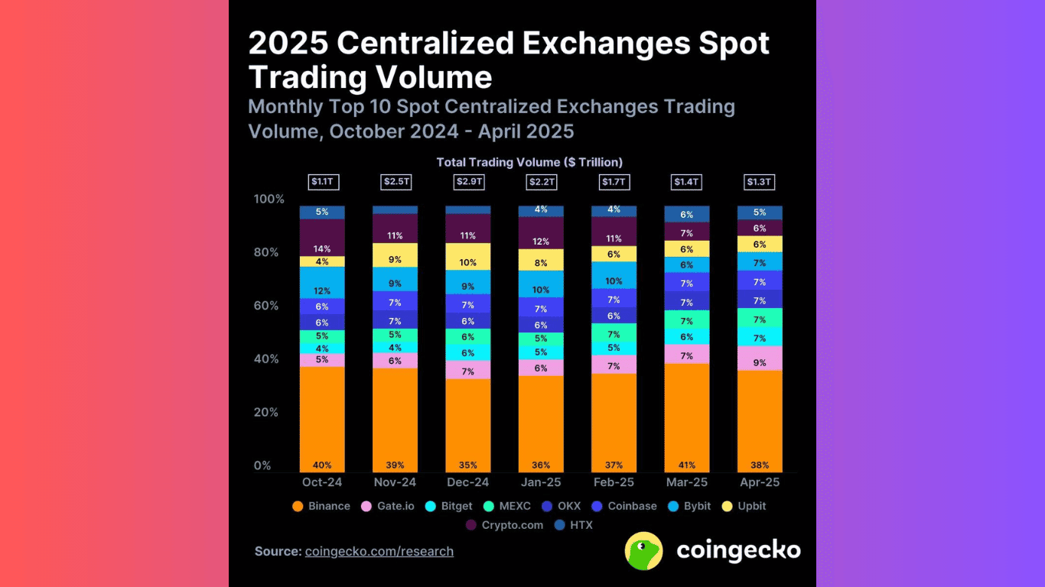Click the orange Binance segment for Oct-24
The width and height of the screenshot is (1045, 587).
click(321, 417)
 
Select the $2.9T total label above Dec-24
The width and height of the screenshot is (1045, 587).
click(468, 182)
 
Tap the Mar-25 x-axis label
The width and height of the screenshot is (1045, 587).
click(686, 483)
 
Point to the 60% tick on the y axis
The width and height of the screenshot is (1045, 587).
click(268, 306)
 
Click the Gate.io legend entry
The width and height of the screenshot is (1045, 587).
click(389, 506)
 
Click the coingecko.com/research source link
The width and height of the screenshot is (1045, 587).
click(379, 551)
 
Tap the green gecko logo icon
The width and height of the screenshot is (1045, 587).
click(643, 551)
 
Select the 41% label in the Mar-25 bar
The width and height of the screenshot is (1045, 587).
click(686, 465)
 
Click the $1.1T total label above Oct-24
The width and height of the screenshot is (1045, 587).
click(321, 182)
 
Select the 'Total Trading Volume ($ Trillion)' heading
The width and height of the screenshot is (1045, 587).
click(529, 162)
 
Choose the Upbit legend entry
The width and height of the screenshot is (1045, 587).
click(745, 506)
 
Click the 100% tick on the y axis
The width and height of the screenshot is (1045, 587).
click(268, 199)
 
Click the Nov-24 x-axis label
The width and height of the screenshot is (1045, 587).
click(395, 483)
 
